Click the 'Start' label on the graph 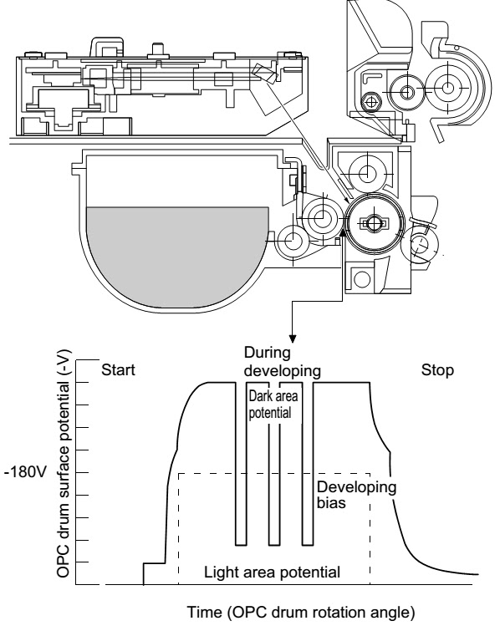tap(118, 369)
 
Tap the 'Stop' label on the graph tap(437, 370)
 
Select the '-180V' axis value tap(25, 472)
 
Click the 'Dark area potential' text tap(273, 405)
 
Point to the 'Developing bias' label tap(356, 495)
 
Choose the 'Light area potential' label tap(272, 572)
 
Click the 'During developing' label tap(283, 361)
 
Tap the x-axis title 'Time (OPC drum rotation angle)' tap(301, 612)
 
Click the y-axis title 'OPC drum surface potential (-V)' tap(64, 464)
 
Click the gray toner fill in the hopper tap(177, 253)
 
